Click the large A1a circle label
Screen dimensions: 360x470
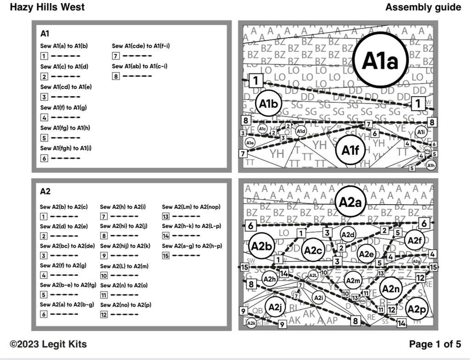(x=380, y=60)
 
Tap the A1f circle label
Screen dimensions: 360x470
(x=352, y=150)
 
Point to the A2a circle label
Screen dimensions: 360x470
(x=350, y=202)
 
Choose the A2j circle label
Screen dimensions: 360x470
(x=274, y=307)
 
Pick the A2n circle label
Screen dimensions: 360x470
(x=391, y=288)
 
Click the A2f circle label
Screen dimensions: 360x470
(x=414, y=240)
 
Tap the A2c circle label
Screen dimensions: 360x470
(x=313, y=250)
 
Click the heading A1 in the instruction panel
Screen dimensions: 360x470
(x=45, y=33)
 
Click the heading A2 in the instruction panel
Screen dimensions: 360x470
(x=45, y=191)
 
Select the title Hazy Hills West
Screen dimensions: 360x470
(x=47, y=7)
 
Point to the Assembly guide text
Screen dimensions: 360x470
(x=423, y=7)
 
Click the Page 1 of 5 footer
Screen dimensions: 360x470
(x=435, y=344)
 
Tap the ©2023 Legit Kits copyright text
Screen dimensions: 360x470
(x=48, y=344)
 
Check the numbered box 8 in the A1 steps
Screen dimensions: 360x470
(x=116, y=76)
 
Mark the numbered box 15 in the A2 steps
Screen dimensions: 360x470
(x=166, y=255)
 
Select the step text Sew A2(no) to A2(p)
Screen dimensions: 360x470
(x=126, y=305)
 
